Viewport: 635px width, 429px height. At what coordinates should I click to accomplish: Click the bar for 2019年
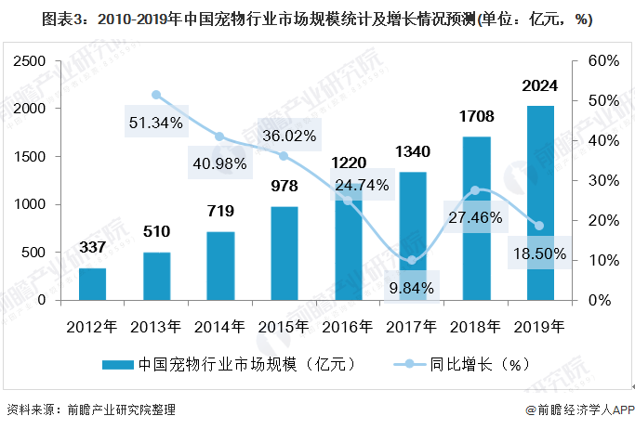pyautogui.click(x=540, y=203)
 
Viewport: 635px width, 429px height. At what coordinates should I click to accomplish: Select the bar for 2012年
pyautogui.click(x=92, y=284)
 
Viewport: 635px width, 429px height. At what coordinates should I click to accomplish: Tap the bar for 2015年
pyautogui.click(x=284, y=253)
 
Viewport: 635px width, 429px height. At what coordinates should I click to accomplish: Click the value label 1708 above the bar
pyautogui.click(x=476, y=117)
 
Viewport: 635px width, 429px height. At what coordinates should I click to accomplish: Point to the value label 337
pyautogui.click(x=92, y=248)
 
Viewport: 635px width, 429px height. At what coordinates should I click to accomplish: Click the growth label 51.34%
pyautogui.click(x=156, y=122)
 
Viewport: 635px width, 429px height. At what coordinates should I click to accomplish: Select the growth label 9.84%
pyautogui.click(x=412, y=287)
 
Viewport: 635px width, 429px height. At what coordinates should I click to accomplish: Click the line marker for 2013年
pyautogui.click(x=156, y=95)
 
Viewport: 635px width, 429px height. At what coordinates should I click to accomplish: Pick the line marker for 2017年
pyautogui.click(x=412, y=260)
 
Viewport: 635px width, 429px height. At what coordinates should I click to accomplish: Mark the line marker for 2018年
pyautogui.click(x=476, y=190)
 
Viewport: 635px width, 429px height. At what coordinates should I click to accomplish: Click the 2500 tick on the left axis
pyautogui.click(x=32, y=60)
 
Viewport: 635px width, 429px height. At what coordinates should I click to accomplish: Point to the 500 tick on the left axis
pyautogui.click(x=38, y=253)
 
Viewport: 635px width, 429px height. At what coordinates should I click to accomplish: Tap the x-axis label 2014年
pyautogui.click(x=219, y=326)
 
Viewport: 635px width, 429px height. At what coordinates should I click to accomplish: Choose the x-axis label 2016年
pyautogui.click(x=348, y=326)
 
